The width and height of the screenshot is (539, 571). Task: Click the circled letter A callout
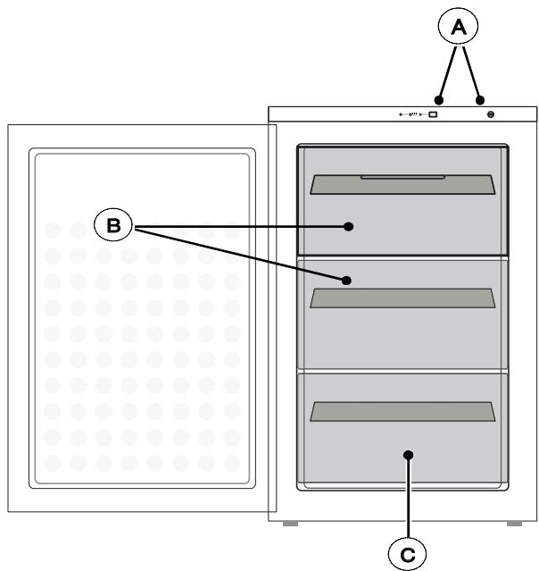point(458,27)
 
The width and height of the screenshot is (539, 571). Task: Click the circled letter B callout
point(113,225)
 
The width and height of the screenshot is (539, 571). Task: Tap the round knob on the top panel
point(491,114)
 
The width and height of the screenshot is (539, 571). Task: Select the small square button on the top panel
point(433,114)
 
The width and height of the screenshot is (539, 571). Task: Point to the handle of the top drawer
point(402,185)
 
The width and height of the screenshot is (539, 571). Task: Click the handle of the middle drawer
point(402,298)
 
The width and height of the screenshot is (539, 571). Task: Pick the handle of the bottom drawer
point(402,412)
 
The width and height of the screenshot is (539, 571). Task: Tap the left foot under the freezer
point(290,524)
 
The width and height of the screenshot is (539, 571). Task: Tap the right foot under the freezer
point(514,524)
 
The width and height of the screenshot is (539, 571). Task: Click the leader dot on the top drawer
point(348,226)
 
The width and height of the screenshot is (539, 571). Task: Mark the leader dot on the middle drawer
point(346,281)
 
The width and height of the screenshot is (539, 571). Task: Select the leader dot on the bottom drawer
point(409,455)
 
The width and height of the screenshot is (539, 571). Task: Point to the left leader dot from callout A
point(439,100)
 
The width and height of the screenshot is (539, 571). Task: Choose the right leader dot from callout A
point(480,100)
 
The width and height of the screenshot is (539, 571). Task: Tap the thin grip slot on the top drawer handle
point(402,177)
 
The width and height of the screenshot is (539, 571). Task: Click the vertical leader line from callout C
point(409,496)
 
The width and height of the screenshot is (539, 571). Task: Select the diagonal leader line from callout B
point(240,255)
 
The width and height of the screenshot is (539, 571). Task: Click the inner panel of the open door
point(142,318)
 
